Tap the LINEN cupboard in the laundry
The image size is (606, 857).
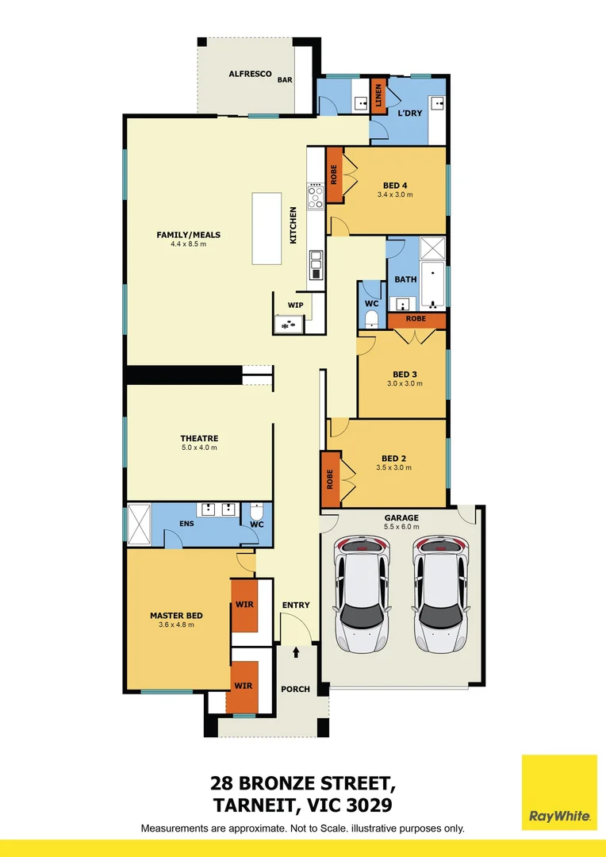coord(379,95)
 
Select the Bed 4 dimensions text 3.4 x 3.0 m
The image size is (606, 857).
coord(395,194)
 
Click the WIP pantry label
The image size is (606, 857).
coord(295,305)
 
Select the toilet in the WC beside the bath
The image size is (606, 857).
coord(371,319)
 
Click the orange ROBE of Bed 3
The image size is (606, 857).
coord(416,319)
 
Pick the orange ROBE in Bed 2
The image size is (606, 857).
coord(331,479)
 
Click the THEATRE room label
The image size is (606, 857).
coord(198,438)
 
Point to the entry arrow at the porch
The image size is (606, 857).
coord(297,652)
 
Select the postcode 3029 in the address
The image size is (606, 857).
coord(365,805)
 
